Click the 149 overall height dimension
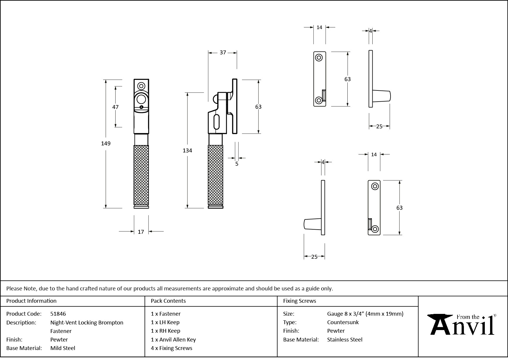pos(106,143)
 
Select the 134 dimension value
pos(187,150)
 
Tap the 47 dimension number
pos(115,107)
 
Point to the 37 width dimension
pos(223,53)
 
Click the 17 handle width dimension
pos(141,232)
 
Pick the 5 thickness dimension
pos(237,164)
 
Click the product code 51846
pos(58,314)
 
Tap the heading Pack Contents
pos(168,301)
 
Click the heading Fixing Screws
pos(300,301)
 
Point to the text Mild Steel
pos(63,348)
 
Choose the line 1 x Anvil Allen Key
pos(173,339)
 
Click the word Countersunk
pos(343,322)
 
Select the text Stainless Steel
pos(345,339)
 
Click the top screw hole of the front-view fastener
pos(142,86)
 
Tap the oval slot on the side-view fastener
pos(217,122)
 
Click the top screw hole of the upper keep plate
pos(319,58)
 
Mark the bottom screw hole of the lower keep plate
pos(375,229)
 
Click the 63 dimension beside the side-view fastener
pos(258,107)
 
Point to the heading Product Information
pos(31,301)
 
